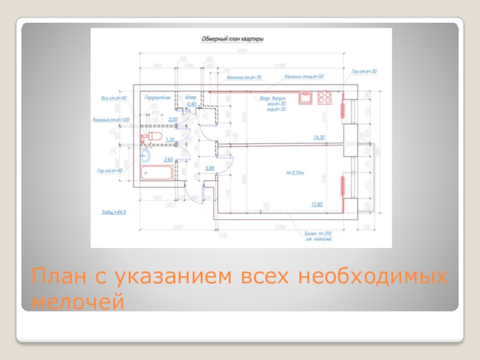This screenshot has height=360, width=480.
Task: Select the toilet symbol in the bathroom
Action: tap(150, 138)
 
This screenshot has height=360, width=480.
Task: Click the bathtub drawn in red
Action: tap(156, 174)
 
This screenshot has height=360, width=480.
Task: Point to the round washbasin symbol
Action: tap(146, 156)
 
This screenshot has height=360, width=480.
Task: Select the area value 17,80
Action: tap(317, 204)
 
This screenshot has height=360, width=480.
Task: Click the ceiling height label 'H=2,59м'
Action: tap(296, 173)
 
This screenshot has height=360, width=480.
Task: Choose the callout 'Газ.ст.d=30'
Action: tap(364, 71)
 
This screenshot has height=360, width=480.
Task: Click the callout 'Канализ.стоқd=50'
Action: tap(304, 77)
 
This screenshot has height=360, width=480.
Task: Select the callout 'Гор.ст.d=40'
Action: tap(110, 170)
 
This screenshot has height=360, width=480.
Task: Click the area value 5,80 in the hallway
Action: tap(210, 168)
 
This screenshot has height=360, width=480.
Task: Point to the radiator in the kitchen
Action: tap(344, 109)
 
